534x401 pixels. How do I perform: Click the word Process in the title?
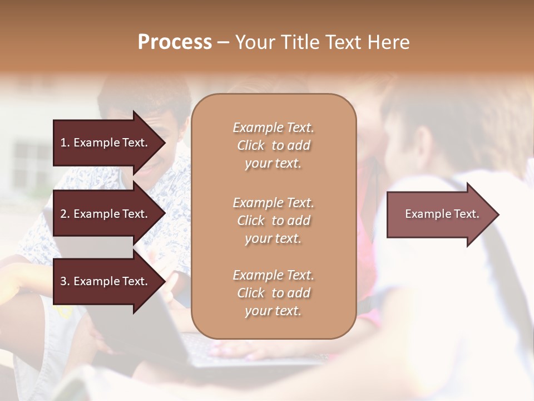175,42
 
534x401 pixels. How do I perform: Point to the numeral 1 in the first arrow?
63,143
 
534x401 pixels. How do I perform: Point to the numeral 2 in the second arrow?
63,214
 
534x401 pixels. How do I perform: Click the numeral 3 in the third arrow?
63,281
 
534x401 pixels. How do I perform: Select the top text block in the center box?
273,145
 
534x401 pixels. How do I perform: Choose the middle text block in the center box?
273,221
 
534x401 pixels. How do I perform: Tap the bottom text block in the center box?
273,293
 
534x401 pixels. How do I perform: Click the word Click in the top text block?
250,145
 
